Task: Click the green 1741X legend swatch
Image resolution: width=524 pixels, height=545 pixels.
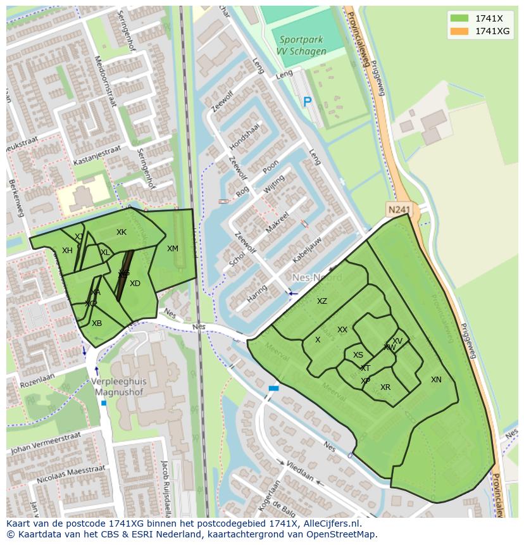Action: [459, 18]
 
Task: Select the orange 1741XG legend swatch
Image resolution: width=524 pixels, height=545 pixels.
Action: [459, 31]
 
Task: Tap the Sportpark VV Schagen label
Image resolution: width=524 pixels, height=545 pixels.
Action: [303, 46]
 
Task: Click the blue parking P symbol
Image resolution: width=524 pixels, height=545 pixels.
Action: [308, 101]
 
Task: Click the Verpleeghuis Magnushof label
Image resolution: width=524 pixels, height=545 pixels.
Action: [118, 387]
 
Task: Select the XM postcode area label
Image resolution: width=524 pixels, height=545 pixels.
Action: [172, 249]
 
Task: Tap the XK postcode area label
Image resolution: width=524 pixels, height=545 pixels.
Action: [122, 232]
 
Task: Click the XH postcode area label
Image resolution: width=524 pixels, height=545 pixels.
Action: [67, 251]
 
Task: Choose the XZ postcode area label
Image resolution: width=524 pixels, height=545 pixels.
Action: [322, 301]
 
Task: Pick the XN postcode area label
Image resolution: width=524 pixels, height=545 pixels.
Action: [436, 380]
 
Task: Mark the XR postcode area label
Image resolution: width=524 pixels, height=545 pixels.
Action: [385, 387]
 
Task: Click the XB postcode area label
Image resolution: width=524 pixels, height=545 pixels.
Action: [97, 323]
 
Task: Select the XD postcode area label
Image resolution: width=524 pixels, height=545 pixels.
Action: [135, 284]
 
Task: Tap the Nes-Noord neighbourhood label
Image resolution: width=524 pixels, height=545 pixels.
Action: [317, 278]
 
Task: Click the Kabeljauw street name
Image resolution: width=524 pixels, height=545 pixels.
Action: [308, 250]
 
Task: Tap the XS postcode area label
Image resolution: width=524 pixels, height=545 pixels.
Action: [358, 355]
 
